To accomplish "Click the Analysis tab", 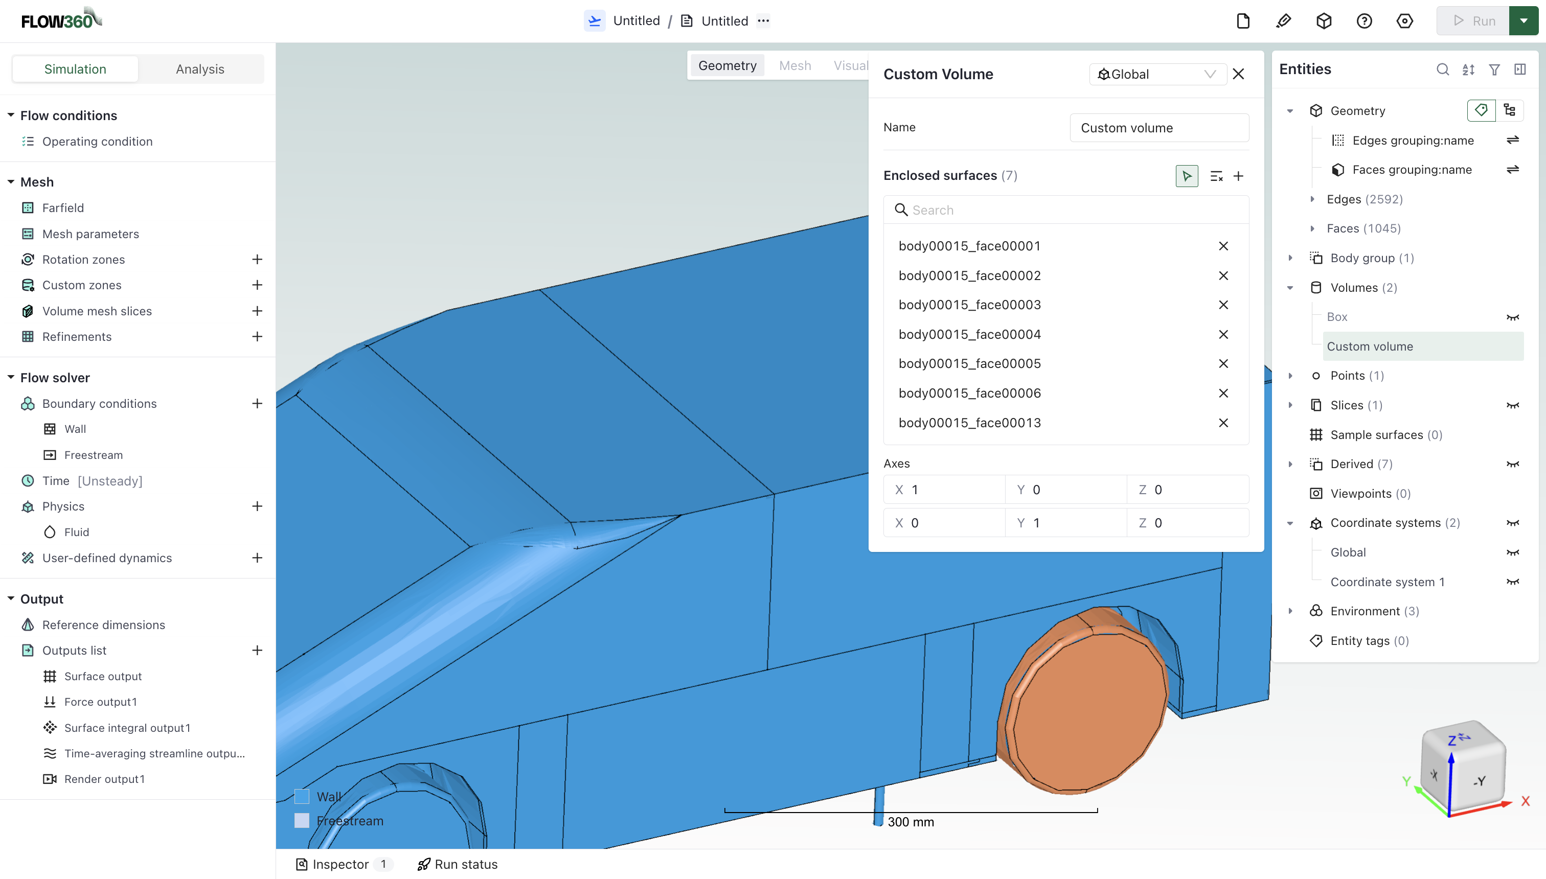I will click(x=200, y=70).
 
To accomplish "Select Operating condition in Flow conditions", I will click(x=97, y=141).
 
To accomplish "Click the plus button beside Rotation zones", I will click(x=257, y=260).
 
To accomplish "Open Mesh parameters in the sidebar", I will click(x=90, y=234).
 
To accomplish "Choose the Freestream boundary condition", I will click(x=93, y=455).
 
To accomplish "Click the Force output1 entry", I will click(x=100, y=702).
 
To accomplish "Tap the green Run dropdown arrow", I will click(x=1523, y=21).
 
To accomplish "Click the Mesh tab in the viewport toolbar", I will click(x=795, y=66).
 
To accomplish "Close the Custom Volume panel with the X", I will click(x=1239, y=74).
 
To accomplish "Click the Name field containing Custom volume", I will click(x=1158, y=128).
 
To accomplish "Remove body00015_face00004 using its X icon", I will click(x=1223, y=334).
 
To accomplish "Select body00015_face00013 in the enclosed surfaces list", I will click(x=969, y=423).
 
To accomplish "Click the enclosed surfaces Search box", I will click(x=1066, y=210).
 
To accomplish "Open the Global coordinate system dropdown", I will click(x=1156, y=74).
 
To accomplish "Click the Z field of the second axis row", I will click(x=1187, y=523).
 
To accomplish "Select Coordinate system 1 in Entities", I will click(x=1387, y=582).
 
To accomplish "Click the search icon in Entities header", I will click(x=1442, y=70).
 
